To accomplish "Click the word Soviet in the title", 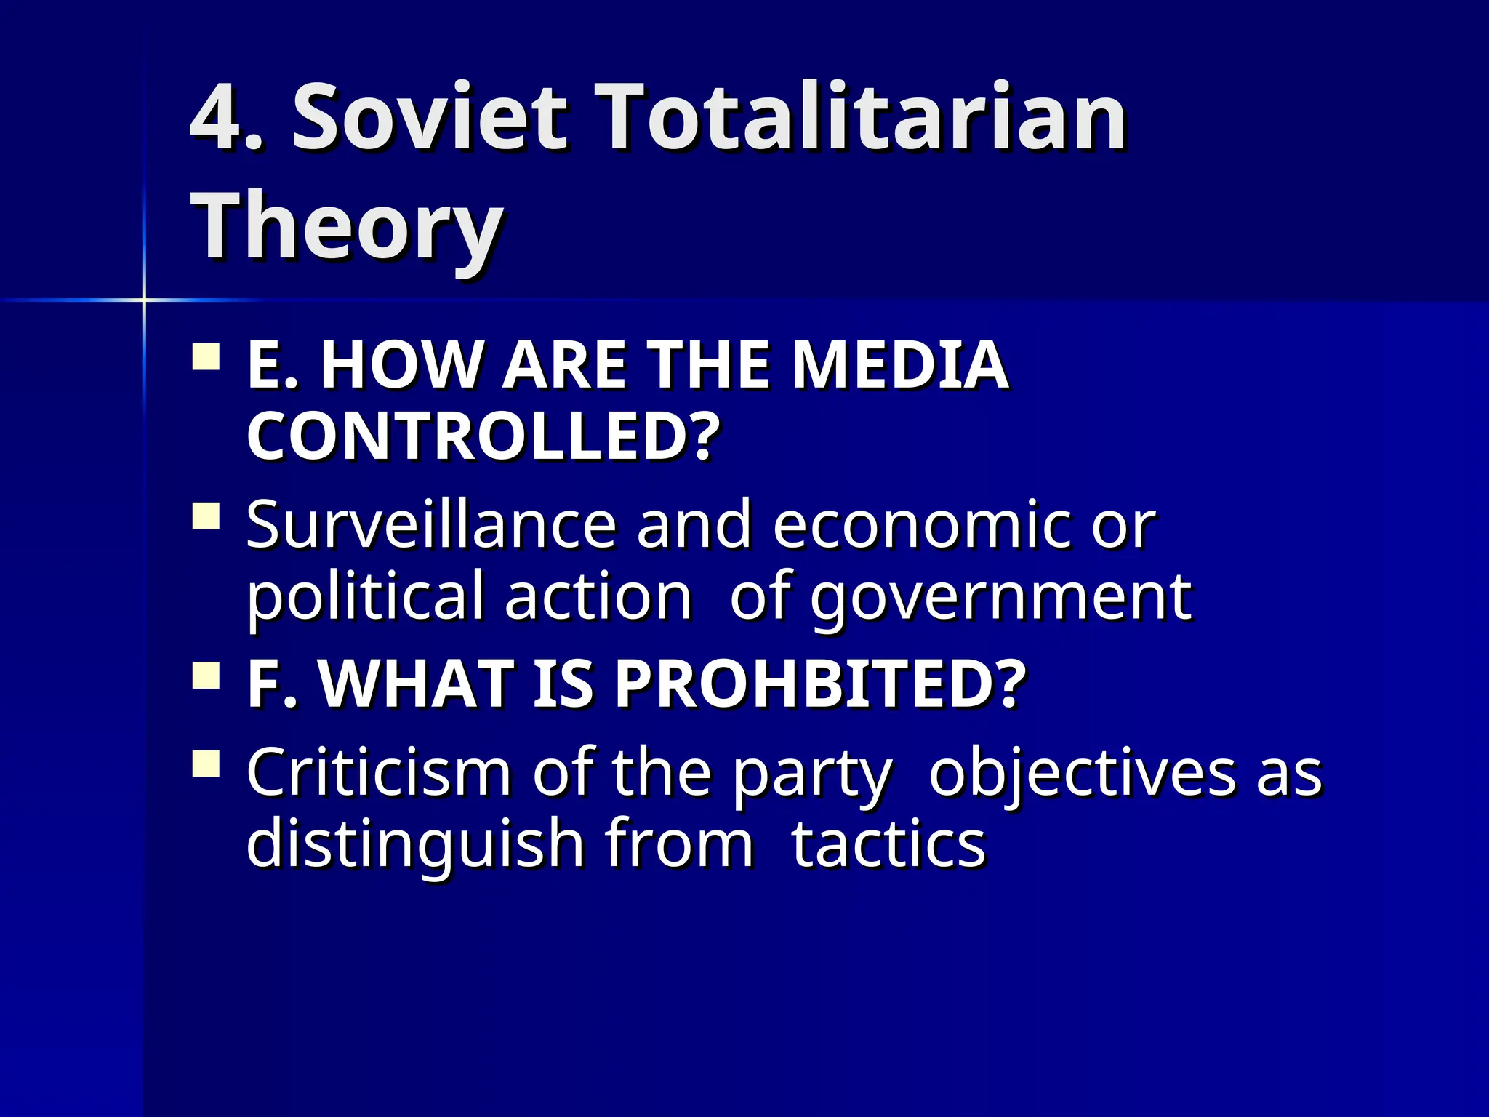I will click(x=429, y=118).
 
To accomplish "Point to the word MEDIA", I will click(x=899, y=365).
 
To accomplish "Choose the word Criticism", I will click(x=379, y=772).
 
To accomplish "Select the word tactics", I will click(x=888, y=844).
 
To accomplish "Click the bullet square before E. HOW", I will click(x=206, y=358).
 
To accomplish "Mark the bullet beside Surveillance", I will click(x=206, y=516).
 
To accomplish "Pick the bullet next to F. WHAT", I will click(x=206, y=676).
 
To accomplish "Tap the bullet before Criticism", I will click(x=206, y=764).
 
